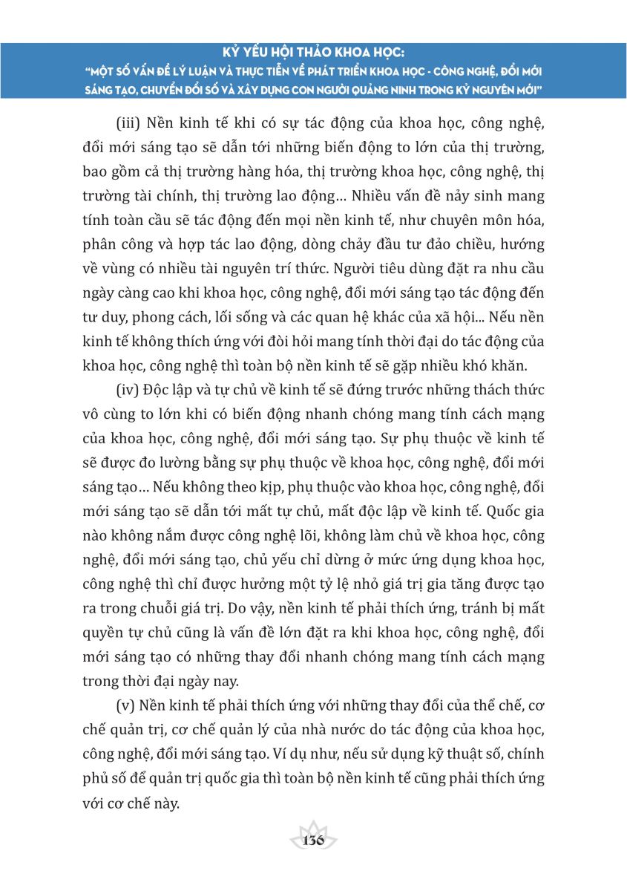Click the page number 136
pos(313,840)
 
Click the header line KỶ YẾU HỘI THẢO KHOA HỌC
pos(313,53)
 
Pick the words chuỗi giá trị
pos(186,605)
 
